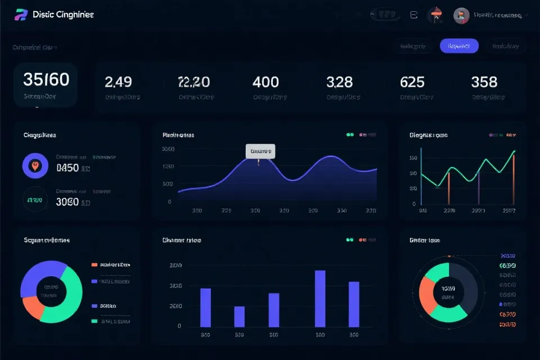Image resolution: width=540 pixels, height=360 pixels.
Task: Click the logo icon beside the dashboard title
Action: point(21,15)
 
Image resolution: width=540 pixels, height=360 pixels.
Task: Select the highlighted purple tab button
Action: point(459,46)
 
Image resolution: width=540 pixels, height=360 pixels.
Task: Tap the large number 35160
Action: point(46,79)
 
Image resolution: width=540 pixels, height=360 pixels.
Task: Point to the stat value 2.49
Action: point(118,82)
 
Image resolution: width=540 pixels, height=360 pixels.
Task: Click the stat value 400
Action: point(265,82)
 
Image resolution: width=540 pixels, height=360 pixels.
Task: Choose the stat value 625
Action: point(412,82)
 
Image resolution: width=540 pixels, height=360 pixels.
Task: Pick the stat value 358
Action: point(484,82)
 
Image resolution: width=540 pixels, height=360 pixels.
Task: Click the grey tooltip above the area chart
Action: point(260,151)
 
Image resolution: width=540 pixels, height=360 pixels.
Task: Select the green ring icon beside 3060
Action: point(35,199)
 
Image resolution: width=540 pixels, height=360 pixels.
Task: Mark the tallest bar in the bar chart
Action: point(320,298)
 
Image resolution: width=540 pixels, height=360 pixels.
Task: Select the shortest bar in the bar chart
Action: point(239,316)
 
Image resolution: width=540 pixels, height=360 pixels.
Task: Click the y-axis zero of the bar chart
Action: point(179,326)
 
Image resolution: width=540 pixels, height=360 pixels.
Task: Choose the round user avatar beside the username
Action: point(461,16)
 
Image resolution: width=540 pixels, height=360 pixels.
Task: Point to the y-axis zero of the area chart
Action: point(169,201)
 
